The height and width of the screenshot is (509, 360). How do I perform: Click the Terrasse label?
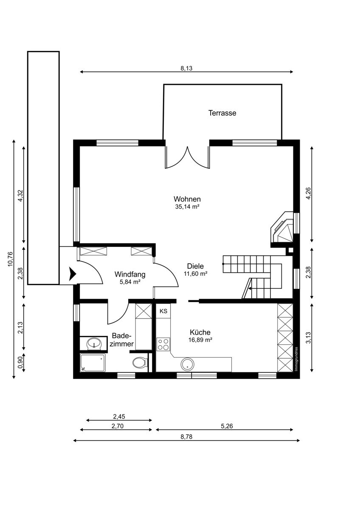pos(222,113)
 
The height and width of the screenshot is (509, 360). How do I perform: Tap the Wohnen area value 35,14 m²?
pos(187,207)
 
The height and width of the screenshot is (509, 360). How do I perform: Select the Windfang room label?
pos(130,274)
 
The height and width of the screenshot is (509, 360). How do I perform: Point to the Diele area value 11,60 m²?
pos(195,274)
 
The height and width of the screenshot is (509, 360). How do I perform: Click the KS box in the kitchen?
pos(163,311)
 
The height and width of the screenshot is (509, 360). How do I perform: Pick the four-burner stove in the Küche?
pos(163,344)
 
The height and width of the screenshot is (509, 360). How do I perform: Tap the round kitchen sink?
pos(187,364)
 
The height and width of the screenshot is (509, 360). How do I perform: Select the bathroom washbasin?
pos(94,343)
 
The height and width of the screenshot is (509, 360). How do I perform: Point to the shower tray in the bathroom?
pos(93,362)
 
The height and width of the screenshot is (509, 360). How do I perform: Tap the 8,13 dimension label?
pos(186,68)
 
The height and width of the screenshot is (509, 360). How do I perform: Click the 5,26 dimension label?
pos(227,426)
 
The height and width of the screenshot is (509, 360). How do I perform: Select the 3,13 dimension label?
pos(308,338)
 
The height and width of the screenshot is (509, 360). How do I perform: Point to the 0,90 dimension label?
pos(21,363)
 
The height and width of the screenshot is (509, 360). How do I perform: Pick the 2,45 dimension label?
pos(119,417)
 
